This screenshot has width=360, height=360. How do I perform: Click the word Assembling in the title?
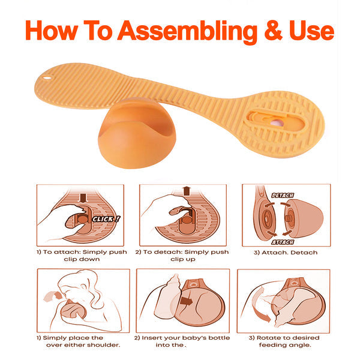point(187,32)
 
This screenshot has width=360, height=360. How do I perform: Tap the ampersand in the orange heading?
point(273,31)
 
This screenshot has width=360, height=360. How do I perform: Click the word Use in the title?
point(311,31)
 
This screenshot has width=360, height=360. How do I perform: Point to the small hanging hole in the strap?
point(47,78)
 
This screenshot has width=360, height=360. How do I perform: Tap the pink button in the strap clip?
point(277,123)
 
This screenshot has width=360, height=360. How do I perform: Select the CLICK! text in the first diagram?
point(106,219)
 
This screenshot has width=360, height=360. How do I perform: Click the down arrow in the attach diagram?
point(83,198)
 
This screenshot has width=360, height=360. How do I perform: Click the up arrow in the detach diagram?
point(187,191)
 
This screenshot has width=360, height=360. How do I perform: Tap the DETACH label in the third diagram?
point(283,196)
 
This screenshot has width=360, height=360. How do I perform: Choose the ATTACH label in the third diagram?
point(283,242)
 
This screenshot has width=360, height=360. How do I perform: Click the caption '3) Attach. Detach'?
point(286,253)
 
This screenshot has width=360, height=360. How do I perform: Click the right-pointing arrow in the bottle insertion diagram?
point(186,301)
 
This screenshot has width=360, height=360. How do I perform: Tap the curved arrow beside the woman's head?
point(52,296)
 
